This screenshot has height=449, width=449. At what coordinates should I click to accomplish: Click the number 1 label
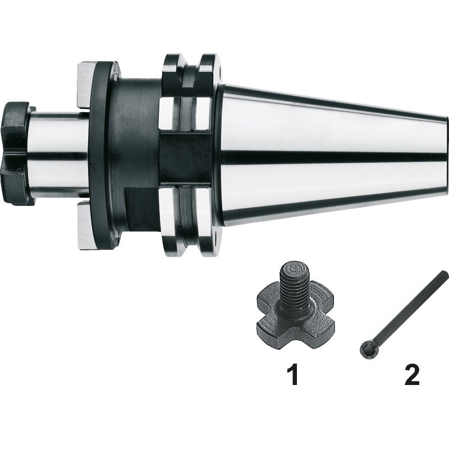[293, 374]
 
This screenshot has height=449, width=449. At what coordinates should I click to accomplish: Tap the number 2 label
[411, 374]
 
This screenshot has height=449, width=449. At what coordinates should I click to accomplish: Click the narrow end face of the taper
[446, 155]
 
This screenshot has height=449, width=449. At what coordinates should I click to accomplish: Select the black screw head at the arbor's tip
[17, 153]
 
